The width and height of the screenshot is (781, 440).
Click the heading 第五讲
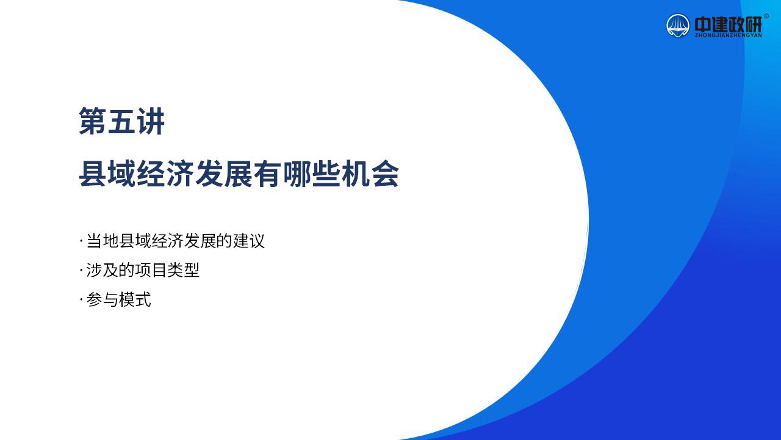coord(121,121)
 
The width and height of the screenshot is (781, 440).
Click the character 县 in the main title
coord(93,174)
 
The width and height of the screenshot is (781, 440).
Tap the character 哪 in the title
coord(297,174)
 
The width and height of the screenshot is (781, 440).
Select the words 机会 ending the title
coord(370,174)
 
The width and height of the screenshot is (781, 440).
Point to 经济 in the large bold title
coord(165,174)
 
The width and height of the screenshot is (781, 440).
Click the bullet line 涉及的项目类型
coord(143,270)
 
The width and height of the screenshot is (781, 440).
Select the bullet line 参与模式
coord(118,299)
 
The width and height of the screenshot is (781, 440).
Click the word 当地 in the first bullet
coord(102,241)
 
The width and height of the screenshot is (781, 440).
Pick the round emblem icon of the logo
coord(678,26)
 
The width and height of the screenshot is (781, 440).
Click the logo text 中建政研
coord(728,24)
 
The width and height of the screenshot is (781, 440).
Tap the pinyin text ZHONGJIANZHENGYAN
coord(728,35)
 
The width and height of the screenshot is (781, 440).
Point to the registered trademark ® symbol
coord(766,16)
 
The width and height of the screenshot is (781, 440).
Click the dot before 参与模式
coord(81,299)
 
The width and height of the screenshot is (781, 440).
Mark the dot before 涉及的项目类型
coord(81,270)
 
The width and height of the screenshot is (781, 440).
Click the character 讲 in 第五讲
coord(151,121)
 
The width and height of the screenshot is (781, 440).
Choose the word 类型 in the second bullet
coord(184,270)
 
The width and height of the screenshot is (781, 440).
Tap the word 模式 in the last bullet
coord(135,299)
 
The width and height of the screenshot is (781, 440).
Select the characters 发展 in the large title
coord(224,174)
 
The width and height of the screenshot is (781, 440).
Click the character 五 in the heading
coord(121,121)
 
